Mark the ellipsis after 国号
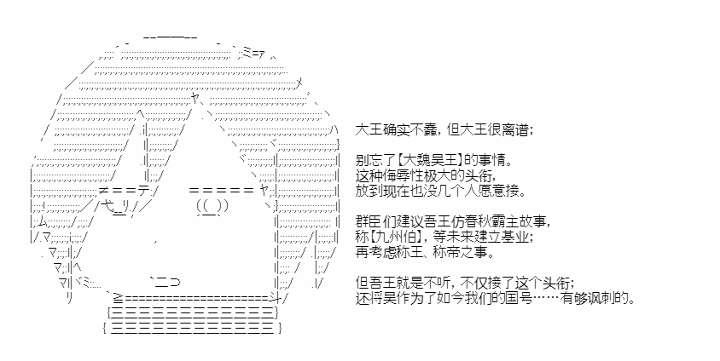545,299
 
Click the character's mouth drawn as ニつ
163,284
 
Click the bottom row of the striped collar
193,329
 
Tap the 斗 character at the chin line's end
275,299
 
